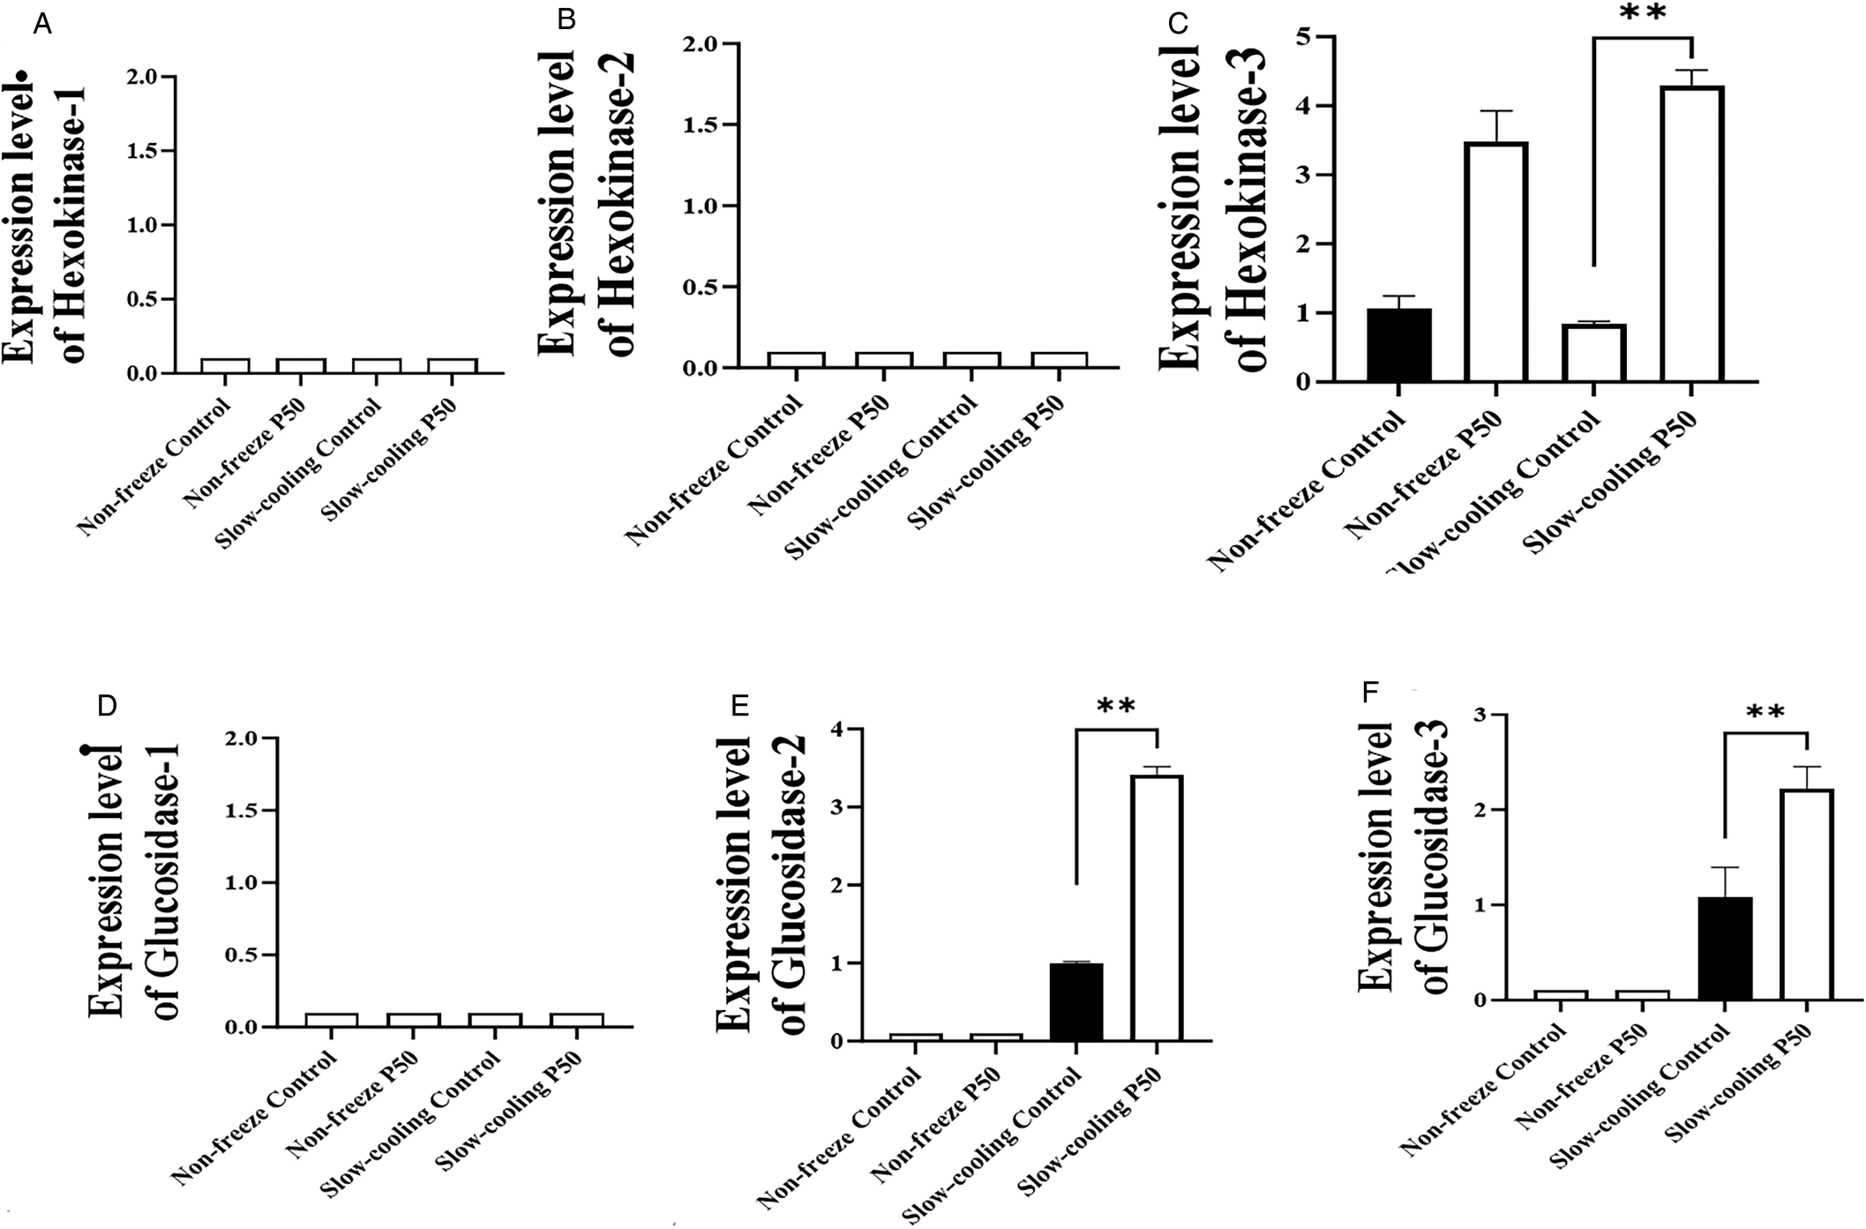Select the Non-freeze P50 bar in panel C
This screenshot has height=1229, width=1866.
(x=1495, y=262)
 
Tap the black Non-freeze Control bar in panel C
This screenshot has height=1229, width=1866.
(x=1398, y=345)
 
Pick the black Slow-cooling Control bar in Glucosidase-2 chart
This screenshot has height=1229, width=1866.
(x=1076, y=1002)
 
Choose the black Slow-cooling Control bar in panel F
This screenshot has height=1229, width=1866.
(x=1724, y=948)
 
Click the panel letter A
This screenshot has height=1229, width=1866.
(x=41, y=25)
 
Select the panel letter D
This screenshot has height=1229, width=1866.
(x=107, y=707)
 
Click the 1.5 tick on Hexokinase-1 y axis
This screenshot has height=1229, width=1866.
(x=145, y=152)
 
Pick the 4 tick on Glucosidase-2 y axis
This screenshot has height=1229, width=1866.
(x=836, y=730)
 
